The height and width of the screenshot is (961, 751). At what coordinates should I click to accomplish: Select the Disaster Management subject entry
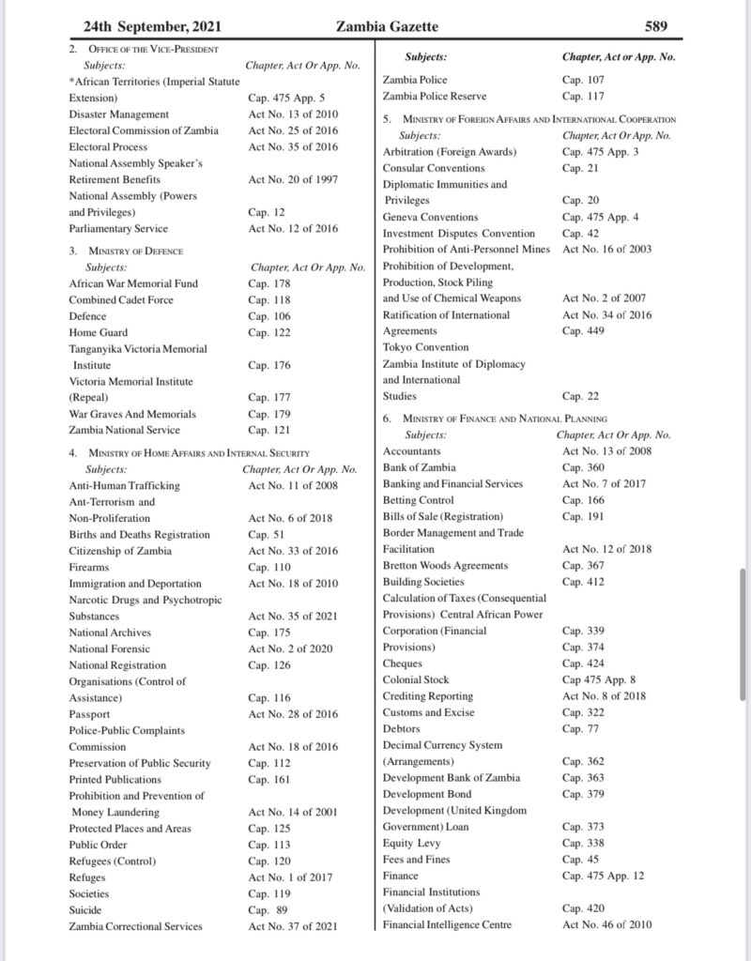(118, 114)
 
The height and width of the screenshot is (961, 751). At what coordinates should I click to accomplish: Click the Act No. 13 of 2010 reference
(293, 114)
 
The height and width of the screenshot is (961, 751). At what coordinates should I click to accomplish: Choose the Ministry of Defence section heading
(126, 251)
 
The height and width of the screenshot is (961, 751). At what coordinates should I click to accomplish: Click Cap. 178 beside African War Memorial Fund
(269, 283)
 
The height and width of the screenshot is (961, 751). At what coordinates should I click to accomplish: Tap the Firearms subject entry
(89, 567)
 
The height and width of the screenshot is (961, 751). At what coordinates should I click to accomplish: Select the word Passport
(89, 713)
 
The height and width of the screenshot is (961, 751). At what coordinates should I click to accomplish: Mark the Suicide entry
(86, 909)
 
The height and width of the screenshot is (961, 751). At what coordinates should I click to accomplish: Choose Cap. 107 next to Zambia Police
(584, 80)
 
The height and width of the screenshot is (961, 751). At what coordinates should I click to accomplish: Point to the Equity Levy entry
(411, 843)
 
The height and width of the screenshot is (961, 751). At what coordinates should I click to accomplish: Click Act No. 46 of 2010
(607, 925)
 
